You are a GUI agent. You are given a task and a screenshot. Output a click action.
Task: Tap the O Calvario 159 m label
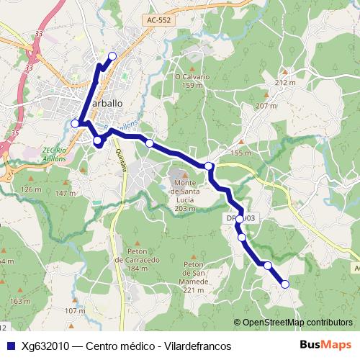pyautogui.click(x=192, y=81)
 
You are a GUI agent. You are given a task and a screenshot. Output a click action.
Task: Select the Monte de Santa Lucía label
pyautogui.click(x=186, y=194)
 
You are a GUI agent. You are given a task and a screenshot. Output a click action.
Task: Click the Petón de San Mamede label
pyautogui.click(x=195, y=276)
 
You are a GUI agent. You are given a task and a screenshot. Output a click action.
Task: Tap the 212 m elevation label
pyautogui.click(x=285, y=84)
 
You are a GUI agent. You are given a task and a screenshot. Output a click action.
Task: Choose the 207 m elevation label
pyautogui.click(x=266, y=106)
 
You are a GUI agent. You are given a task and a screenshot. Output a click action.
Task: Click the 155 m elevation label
pyautogui.click(x=240, y=153)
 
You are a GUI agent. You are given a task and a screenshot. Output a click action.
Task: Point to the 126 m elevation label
pyautogui.click(x=31, y=189)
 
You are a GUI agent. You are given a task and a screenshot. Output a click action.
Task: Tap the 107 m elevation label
pyautogui.click(x=75, y=311)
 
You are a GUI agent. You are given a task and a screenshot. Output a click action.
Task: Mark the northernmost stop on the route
pyautogui.click(x=112, y=56)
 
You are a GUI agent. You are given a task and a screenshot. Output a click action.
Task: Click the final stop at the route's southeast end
pyautogui.click(x=284, y=284)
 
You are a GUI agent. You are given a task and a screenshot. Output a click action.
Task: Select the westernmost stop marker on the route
pyautogui.click(x=75, y=123)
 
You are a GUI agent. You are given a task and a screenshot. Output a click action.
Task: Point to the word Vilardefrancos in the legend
pyautogui.click(x=195, y=346)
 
